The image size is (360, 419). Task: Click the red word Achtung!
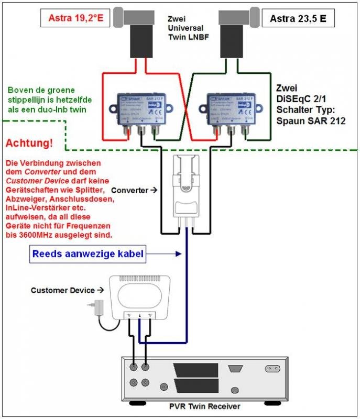pos(29,143)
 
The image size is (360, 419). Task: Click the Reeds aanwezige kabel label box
pos(88,255)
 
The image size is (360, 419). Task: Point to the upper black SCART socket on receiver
pos(198,369)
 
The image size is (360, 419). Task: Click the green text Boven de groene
pos(41,90)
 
